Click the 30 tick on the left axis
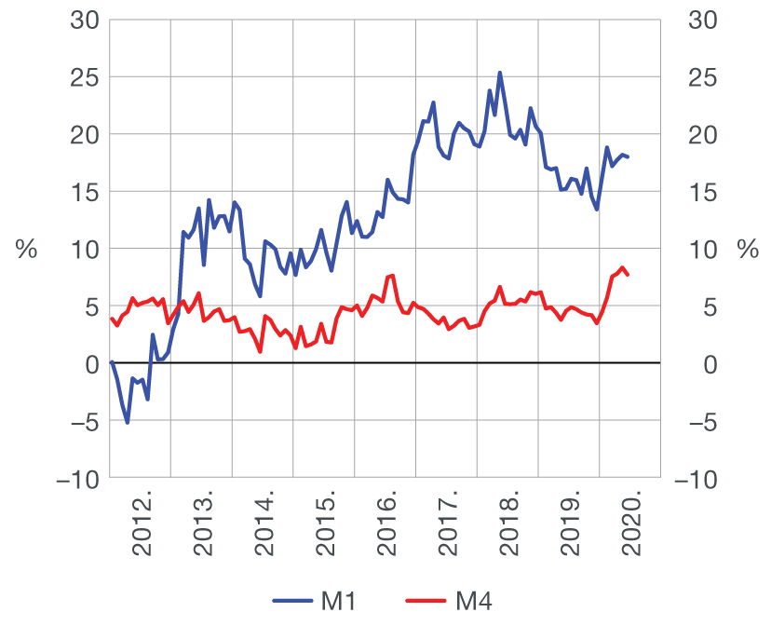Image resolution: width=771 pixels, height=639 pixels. pos(85,20)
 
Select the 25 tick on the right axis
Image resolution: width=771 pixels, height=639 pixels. pos(698,77)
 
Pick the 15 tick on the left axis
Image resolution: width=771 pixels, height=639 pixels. pos(85,192)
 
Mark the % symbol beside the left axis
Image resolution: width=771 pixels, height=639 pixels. pos(26,250)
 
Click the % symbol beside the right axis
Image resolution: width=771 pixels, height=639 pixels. pos(747,250)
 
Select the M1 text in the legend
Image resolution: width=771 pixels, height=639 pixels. pos(339,603)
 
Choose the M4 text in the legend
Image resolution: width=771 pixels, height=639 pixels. pos(473,603)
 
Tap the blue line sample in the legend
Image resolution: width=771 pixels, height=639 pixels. pos(292,603)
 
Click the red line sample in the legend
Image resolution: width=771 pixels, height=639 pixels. pos(426,603)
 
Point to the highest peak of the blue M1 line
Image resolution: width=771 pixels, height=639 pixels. pos(500,73)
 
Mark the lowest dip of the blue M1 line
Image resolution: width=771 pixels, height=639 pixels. pos(128,423)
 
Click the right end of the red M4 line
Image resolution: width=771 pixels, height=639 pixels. pos(628,275)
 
